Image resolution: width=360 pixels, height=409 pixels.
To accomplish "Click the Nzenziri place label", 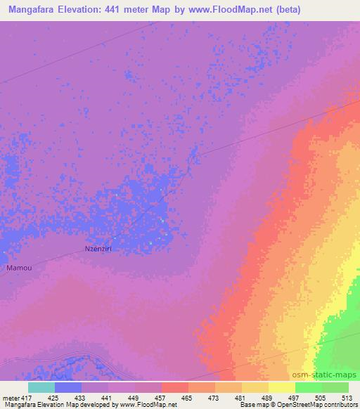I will (98, 249).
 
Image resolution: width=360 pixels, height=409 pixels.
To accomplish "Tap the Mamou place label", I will (18, 268).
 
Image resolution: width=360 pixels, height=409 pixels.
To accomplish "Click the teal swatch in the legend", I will (41, 387).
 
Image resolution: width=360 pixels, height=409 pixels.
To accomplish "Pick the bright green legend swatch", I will (308, 387).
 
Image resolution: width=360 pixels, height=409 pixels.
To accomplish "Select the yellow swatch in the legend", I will (281, 387).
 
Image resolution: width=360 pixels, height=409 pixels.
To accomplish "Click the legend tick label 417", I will (27, 397).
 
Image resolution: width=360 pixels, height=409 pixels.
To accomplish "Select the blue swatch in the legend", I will (67, 387).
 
